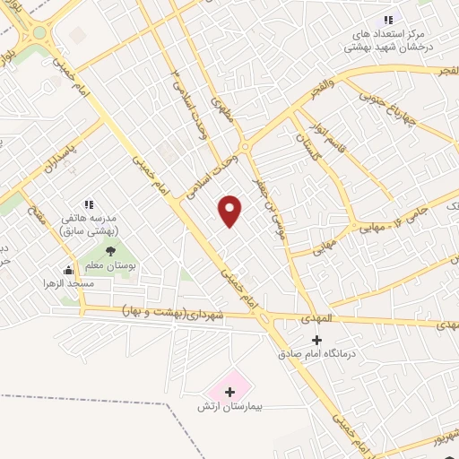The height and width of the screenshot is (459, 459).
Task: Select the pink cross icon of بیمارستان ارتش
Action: (229, 391)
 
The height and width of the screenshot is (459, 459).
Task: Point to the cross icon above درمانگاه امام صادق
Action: (316, 340)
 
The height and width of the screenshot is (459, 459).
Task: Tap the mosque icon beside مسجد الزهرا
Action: (69, 270)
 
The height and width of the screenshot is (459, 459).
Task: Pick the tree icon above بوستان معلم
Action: (110, 252)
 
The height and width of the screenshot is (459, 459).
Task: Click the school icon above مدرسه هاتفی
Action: (89, 206)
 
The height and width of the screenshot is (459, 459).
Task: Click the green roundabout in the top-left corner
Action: (39, 34)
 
